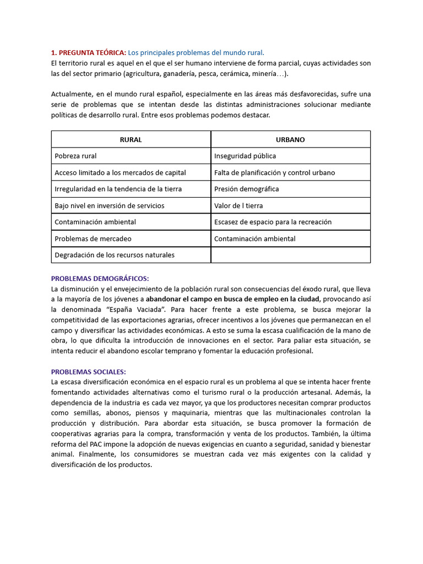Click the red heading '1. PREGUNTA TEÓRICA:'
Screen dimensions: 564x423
(x=88, y=53)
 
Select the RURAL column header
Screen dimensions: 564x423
(x=131, y=139)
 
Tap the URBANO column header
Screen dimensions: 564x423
(x=290, y=139)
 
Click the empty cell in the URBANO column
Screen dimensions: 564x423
(x=290, y=255)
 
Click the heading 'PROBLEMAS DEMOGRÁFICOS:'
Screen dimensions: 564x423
(x=100, y=279)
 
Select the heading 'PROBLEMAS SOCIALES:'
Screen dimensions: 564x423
(x=88, y=372)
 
